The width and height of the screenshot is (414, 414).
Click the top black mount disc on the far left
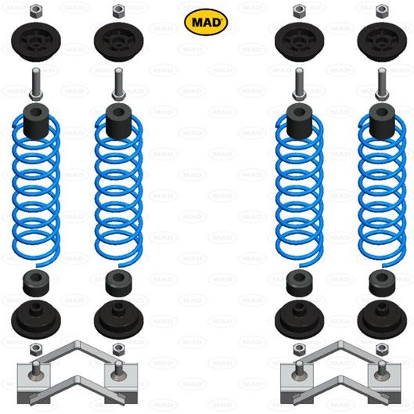pyautogui.click(x=36, y=40)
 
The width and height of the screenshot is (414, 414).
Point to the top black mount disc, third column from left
pyautogui.click(x=297, y=40)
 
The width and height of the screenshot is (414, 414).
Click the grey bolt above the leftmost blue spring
pyautogui.click(x=35, y=82)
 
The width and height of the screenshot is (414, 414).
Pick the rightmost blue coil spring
pyautogui.click(x=381, y=188)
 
